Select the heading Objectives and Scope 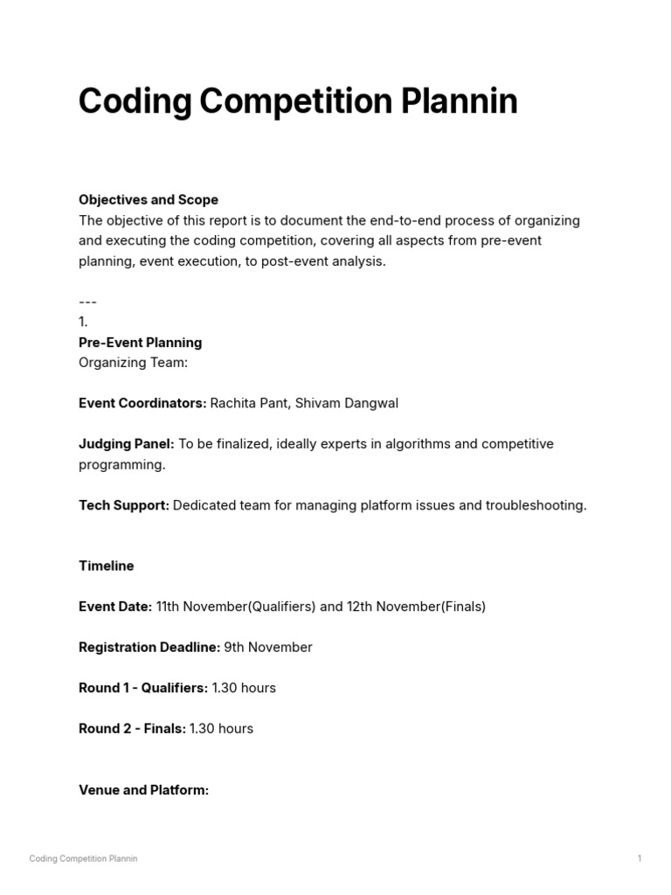click(149, 200)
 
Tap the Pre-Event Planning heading click(140, 343)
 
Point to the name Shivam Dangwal click(347, 403)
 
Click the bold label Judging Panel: click(127, 444)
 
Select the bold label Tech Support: click(124, 505)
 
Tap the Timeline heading click(106, 565)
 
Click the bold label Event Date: click(115, 607)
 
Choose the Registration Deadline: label click(149, 648)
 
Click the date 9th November click(268, 648)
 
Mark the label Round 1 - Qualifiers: click(143, 688)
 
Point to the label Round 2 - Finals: click(132, 729)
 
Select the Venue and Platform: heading click(143, 790)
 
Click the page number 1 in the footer click(640, 858)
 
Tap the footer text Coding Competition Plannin click(83, 858)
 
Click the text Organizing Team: click(133, 363)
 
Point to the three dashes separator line click(87, 302)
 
